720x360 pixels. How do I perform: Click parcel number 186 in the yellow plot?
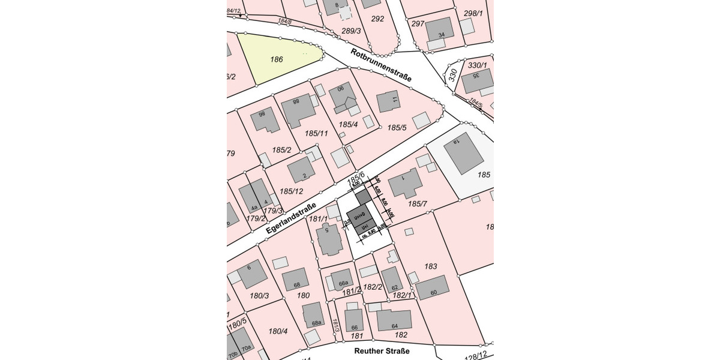[x=277, y=59]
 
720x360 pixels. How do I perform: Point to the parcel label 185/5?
[x=397, y=128]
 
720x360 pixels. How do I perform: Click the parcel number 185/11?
[x=316, y=133]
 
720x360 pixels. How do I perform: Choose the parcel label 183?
[x=431, y=266]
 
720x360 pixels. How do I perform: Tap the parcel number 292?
[x=377, y=19]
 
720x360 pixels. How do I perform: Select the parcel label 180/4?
[x=278, y=331]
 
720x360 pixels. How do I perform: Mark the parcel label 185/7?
[x=417, y=205]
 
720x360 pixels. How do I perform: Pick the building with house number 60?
[x=433, y=289]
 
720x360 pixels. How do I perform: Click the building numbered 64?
[x=394, y=320]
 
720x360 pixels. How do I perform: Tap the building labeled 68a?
[x=314, y=316]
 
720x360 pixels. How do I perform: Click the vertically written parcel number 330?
[x=453, y=76]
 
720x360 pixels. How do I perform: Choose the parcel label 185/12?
[x=290, y=191]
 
